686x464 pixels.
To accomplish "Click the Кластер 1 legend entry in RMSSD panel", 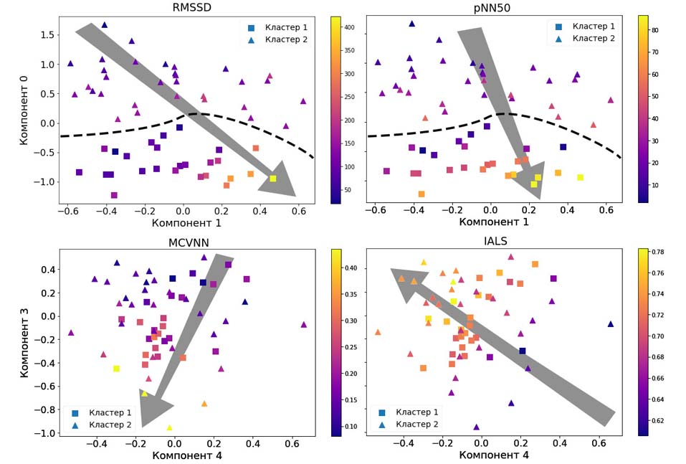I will click(285, 27).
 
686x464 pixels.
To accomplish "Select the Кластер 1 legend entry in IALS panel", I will click(417, 412).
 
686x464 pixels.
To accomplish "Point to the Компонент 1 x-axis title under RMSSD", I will click(186, 223).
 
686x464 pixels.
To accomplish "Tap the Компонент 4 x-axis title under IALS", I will click(494, 455).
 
